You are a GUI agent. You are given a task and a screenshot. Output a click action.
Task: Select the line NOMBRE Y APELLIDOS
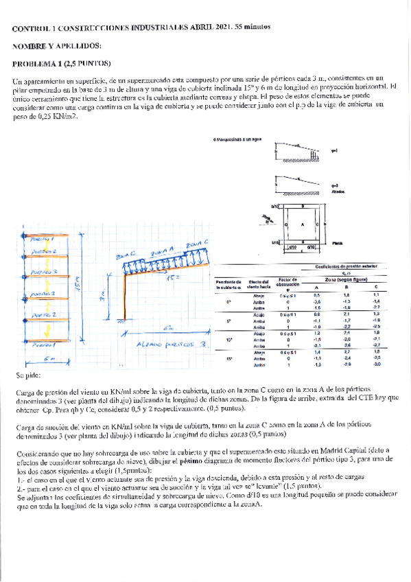click(x=57, y=45)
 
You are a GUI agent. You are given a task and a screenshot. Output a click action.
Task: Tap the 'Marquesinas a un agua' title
click(x=238, y=139)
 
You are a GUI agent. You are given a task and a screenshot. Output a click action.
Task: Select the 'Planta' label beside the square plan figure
click(x=336, y=242)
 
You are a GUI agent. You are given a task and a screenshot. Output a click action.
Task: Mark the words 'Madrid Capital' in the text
click(x=338, y=450)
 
